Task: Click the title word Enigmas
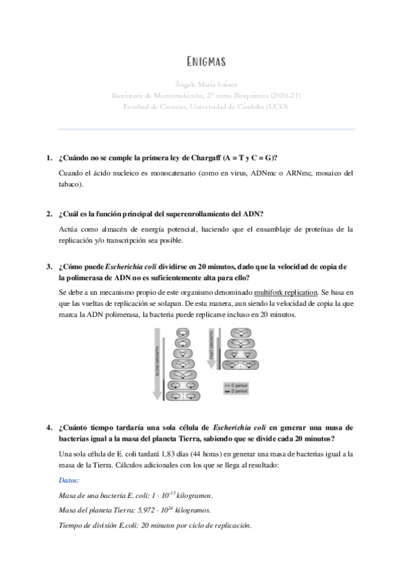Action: [206, 62]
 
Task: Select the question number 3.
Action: [49, 267]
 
